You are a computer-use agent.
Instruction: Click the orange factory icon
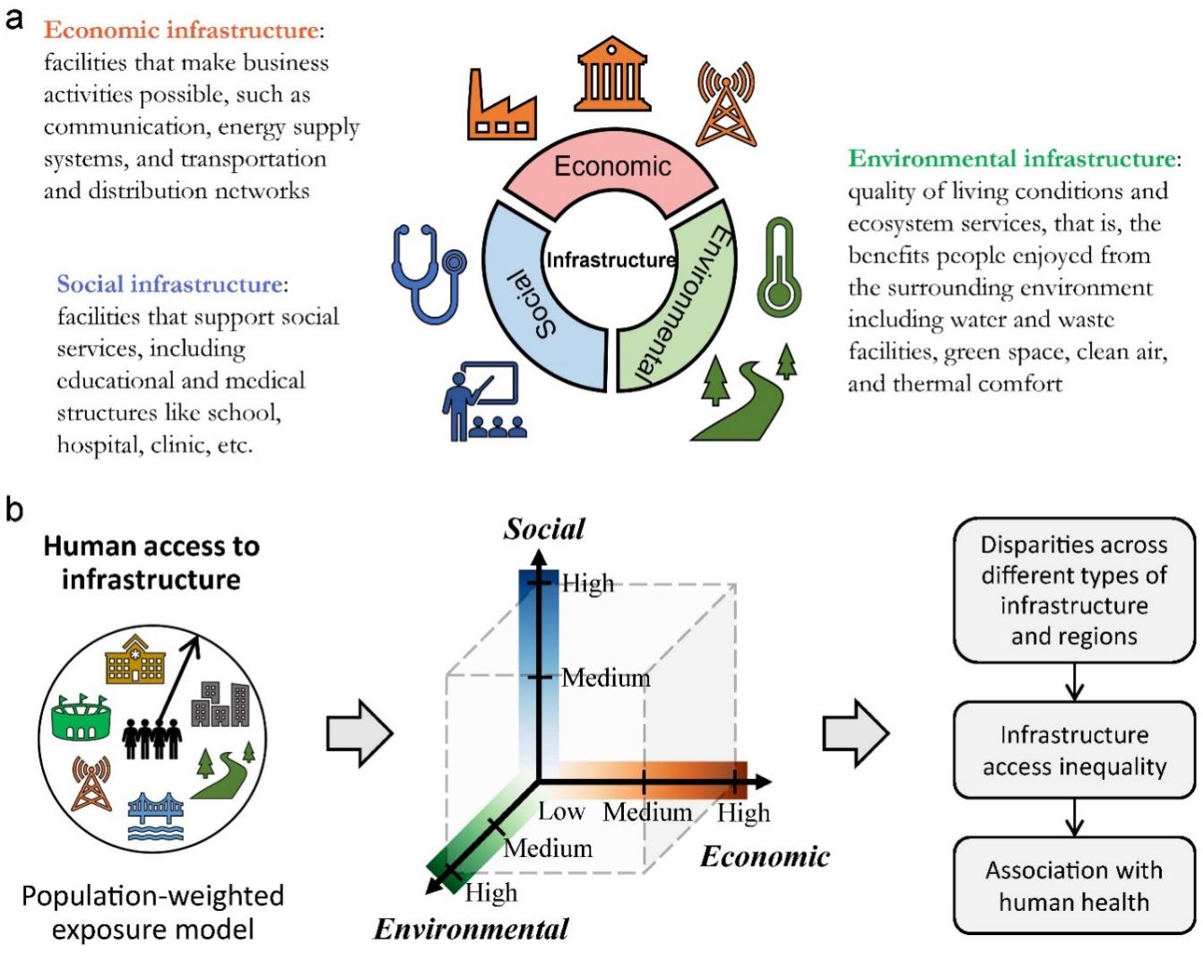point(501,106)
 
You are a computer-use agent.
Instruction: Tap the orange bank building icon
point(612,74)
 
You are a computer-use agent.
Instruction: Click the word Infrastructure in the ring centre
point(610,260)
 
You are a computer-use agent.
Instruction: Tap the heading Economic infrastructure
point(182,30)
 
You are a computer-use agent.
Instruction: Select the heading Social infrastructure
point(170,284)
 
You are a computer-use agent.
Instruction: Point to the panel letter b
point(14,509)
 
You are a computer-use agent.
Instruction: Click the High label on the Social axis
point(588,584)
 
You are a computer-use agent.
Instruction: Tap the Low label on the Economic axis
point(562,812)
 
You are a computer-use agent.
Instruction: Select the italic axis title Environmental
point(472,929)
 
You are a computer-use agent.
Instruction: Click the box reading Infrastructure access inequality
point(1074,750)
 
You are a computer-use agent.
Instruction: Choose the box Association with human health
point(1074,886)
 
